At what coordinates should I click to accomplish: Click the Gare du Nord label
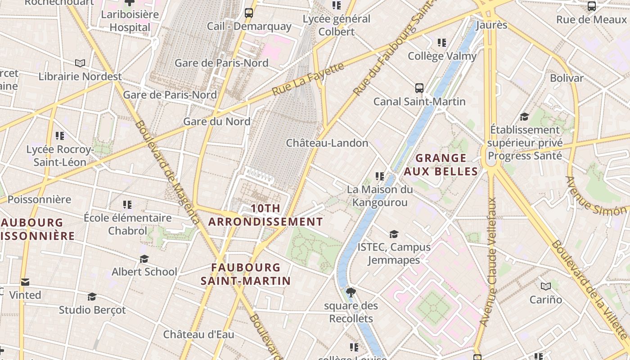[x=216, y=121]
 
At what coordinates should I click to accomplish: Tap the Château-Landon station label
[x=327, y=143]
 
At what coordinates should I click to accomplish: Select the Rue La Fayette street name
[x=308, y=80]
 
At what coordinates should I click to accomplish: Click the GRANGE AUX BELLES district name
[x=441, y=165]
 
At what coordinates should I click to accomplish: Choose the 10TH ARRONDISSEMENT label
[x=265, y=215]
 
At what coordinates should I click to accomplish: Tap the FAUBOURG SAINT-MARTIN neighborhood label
[x=246, y=274]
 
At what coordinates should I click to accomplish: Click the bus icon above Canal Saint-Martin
[x=419, y=88]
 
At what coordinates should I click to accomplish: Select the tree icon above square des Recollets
[x=351, y=292]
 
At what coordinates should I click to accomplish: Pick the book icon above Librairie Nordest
[x=80, y=63]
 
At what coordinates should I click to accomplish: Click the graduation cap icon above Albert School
[x=144, y=259]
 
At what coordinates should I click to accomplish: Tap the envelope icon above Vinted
[x=25, y=282]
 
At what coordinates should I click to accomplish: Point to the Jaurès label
[x=491, y=25]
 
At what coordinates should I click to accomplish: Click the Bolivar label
[x=567, y=78]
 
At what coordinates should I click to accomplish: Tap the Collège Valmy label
[x=442, y=56]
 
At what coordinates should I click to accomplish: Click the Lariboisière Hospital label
[x=130, y=21]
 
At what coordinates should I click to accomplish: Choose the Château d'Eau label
[x=198, y=334]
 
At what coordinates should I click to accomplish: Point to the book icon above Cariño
[x=546, y=286]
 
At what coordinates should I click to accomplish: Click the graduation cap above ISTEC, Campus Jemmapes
[x=394, y=234]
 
